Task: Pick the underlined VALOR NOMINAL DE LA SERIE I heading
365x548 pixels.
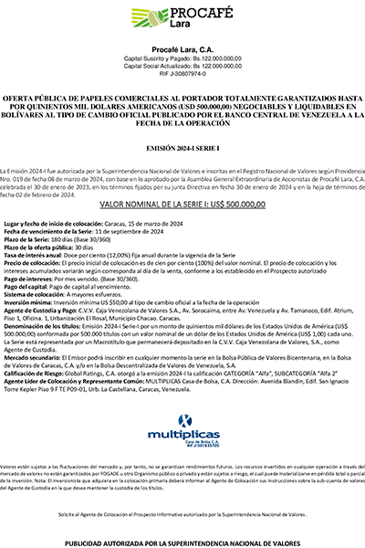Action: pyautogui.click(x=182, y=206)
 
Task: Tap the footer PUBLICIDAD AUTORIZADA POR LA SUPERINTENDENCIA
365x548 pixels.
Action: pyautogui.click(x=182, y=542)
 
